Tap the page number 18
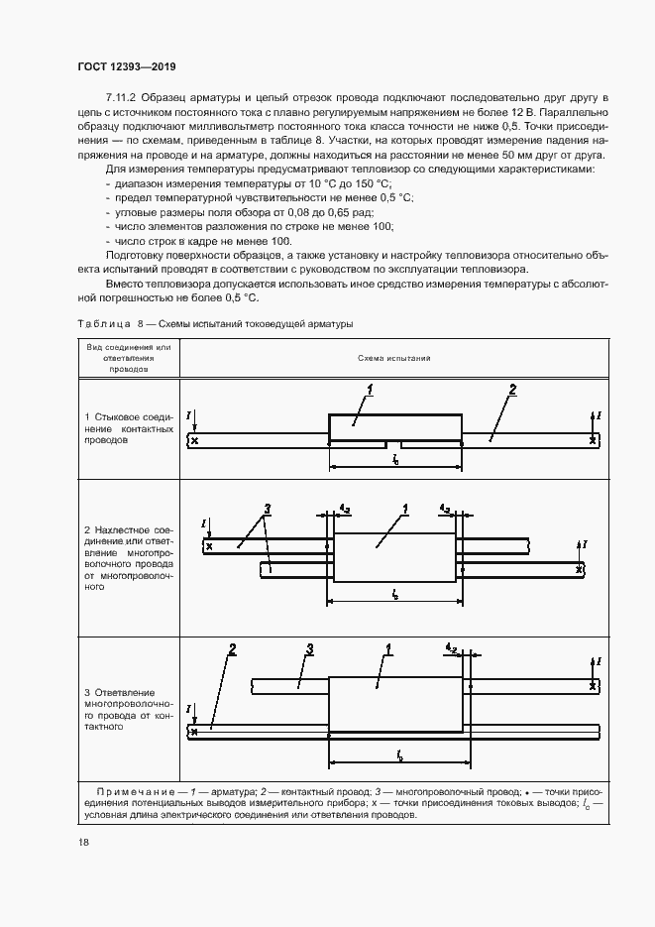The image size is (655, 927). (x=83, y=842)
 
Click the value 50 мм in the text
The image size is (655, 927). (x=516, y=156)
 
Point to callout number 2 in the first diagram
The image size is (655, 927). (x=512, y=391)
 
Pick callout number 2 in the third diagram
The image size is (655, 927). (x=231, y=649)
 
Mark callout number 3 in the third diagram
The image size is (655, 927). (x=309, y=649)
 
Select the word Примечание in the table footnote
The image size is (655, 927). (x=135, y=791)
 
